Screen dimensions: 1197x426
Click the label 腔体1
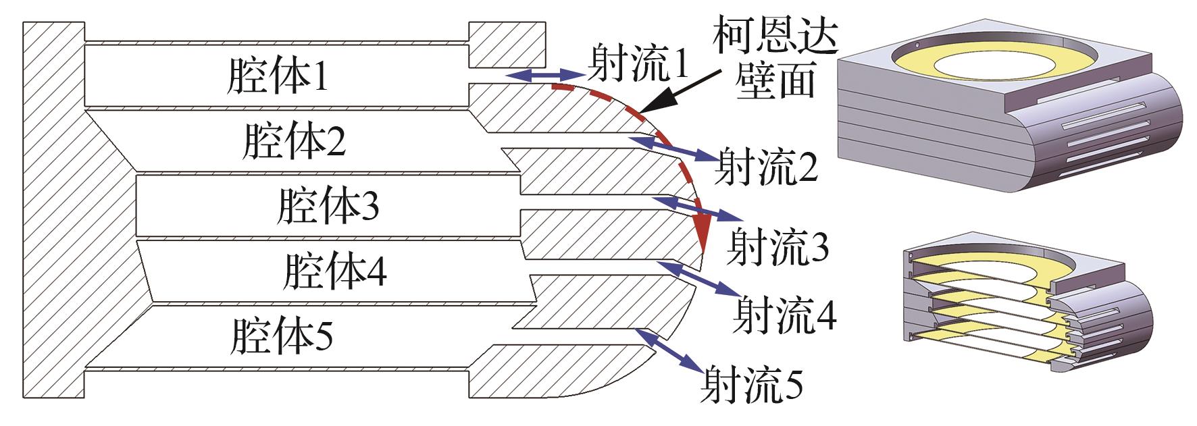(278, 77)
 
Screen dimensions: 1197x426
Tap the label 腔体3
(327, 206)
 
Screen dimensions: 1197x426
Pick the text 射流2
(767, 167)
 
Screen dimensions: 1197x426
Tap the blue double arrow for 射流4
(696, 280)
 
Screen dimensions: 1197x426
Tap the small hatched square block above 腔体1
(507, 46)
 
